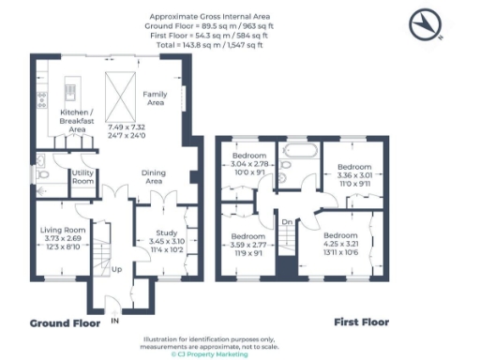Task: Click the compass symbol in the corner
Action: pos(427,24)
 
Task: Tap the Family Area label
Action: pos(155,98)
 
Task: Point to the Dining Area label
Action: pos(154,176)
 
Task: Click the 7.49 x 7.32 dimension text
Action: pos(127,127)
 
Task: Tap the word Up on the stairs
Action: pos(117,270)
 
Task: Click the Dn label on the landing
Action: pos(288,223)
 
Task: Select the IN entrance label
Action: pos(115,321)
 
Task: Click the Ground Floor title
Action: pos(65,322)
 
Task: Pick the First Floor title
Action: pos(361,322)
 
